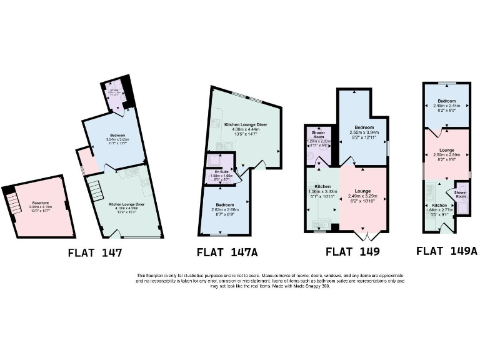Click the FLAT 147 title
pyautogui.click(x=95, y=253)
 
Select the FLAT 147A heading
pyautogui.click(x=227, y=252)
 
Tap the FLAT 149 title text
pyautogui.click(x=352, y=252)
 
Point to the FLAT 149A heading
pyautogui.click(x=447, y=251)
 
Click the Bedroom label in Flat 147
pyautogui.click(x=115, y=134)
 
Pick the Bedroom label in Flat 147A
pyautogui.click(x=224, y=204)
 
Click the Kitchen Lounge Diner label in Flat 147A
pyautogui.click(x=246, y=125)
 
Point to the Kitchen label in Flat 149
pyautogui.click(x=322, y=186)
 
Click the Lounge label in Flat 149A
pyautogui.click(x=446, y=149)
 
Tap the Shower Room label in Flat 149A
pyautogui.click(x=460, y=194)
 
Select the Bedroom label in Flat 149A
pyautogui.click(x=446, y=101)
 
